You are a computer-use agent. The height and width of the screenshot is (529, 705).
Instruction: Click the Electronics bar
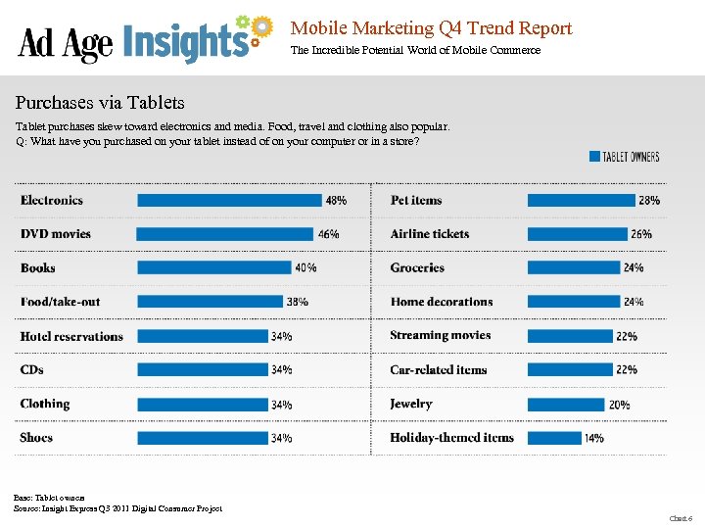(x=229, y=200)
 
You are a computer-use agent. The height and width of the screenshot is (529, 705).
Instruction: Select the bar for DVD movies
(x=225, y=234)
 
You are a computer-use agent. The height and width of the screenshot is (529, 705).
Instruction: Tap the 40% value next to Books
(x=305, y=267)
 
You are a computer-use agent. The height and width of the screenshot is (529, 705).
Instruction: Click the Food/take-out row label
(x=60, y=302)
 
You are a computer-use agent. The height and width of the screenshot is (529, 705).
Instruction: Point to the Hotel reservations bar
(x=202, y=336)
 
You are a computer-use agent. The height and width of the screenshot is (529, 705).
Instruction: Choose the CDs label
(x=32, y=369)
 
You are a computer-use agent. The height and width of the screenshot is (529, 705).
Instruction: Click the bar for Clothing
(x=202, y=404)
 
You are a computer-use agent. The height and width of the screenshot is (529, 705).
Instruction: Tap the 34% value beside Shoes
(x=281, y=438)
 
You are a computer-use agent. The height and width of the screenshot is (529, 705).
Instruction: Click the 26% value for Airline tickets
(x=641, y=234)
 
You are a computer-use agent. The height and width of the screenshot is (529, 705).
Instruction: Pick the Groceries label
(x=417, y=267)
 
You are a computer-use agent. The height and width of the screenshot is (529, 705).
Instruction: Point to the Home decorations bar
(x=574, y=302)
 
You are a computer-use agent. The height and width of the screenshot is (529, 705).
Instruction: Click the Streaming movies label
(x=441, y=335)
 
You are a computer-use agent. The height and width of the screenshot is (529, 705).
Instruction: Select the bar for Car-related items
(x=570, y=369)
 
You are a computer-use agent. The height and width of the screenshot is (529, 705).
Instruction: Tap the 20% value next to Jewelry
(x=619, y=404)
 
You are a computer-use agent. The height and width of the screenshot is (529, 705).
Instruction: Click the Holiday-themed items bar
(x=553, y=438)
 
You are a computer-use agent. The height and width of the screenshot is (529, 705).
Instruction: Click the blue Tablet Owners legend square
(x=594, y=156)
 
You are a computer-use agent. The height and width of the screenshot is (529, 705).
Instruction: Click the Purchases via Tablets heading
(x=100, y=103)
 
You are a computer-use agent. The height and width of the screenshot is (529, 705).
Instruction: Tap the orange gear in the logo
(x=260, y=26)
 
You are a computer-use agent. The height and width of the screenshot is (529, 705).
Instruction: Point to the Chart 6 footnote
(x=680, y=517)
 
